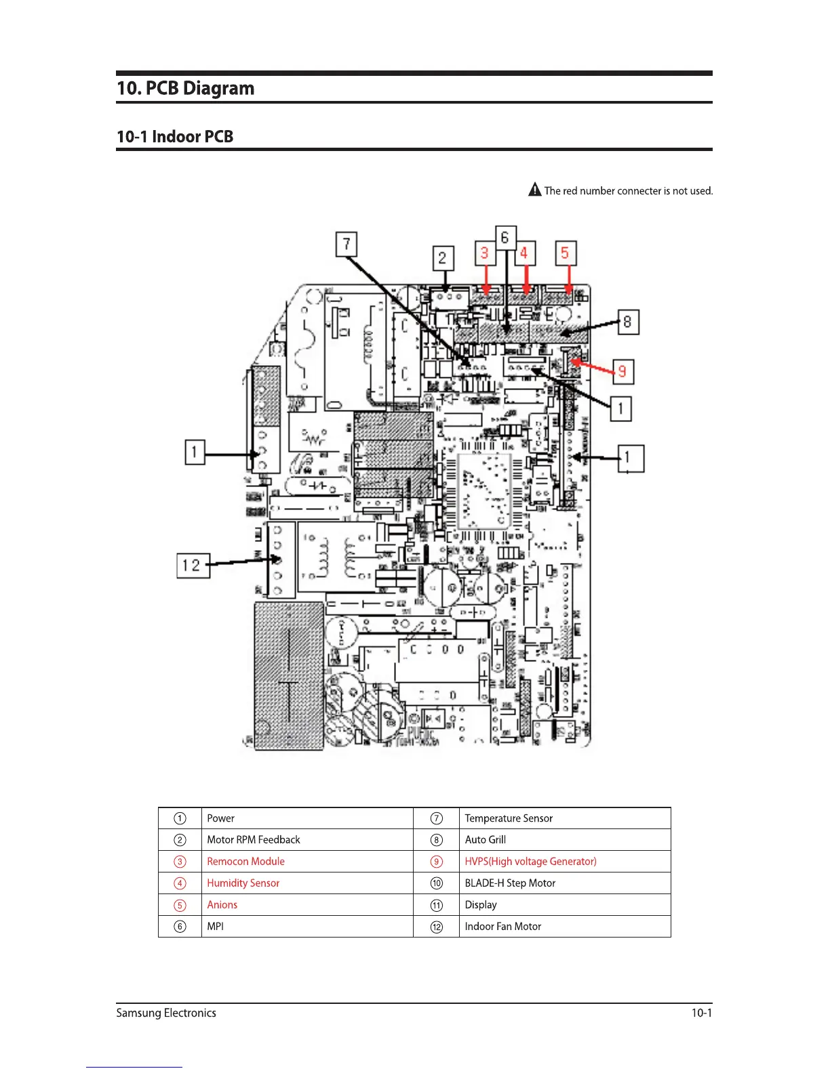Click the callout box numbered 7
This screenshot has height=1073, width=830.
347,245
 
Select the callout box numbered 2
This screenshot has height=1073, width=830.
443,258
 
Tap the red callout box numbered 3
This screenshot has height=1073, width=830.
485,253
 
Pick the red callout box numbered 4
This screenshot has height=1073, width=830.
524,253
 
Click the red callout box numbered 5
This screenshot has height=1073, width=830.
565,253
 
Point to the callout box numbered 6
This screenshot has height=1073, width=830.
505,238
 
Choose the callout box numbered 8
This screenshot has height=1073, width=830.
628,322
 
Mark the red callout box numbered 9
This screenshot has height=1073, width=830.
622,372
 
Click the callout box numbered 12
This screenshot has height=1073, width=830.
193,566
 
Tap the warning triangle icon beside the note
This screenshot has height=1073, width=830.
535,190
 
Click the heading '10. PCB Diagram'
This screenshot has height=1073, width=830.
186,89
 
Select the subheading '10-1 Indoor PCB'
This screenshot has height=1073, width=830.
175,137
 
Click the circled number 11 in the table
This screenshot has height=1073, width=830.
437,906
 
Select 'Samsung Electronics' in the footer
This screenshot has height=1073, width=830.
166,1013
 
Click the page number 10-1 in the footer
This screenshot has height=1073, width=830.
701,1013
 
